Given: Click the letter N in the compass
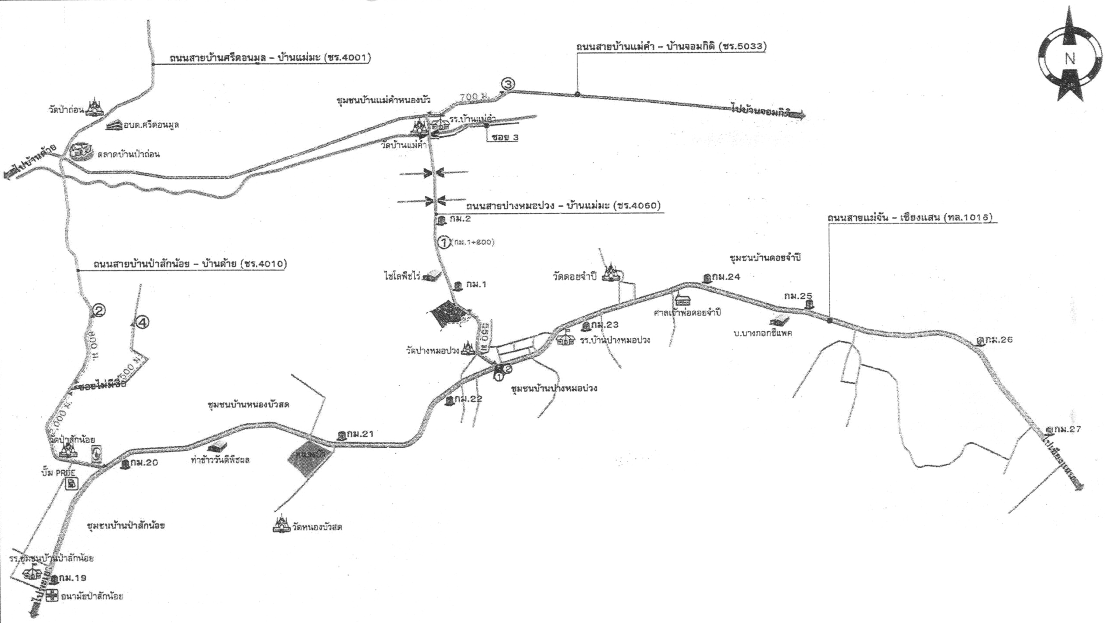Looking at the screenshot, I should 1070,58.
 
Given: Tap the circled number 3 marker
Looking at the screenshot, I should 508,84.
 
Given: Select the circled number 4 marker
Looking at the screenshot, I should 142,322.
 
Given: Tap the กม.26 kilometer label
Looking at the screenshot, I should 998,340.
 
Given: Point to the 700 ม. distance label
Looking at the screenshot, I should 474,98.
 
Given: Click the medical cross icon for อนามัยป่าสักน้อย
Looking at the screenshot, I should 52,597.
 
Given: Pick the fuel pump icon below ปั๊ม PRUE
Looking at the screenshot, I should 72,484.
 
